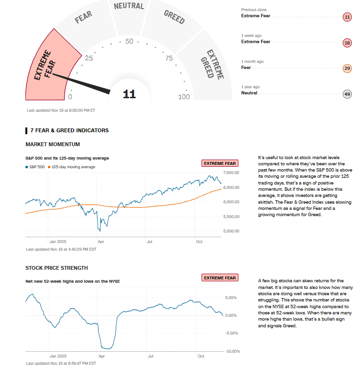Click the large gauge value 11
(x=129, y=94)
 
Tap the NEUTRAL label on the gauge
(x=129, y=6)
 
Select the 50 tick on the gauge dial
(x=129, y=41)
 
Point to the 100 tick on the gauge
(x=184, y=97)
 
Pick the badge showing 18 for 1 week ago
(x=348, y=43)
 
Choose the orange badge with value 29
(x=348, y=69)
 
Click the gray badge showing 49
(x=348, y=94)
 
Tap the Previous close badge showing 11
(x=348, y=17)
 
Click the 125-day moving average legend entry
(x=73, y=167)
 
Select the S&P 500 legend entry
(x=36, y=167)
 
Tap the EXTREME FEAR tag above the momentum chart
(x=220, y=163)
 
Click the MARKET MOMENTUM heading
(x=53, y=144)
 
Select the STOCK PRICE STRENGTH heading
(x=56, y=268)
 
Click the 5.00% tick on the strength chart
(x=231, y=298)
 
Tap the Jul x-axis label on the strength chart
(x=150, y=356)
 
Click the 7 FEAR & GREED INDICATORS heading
(x=69, y=130)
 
